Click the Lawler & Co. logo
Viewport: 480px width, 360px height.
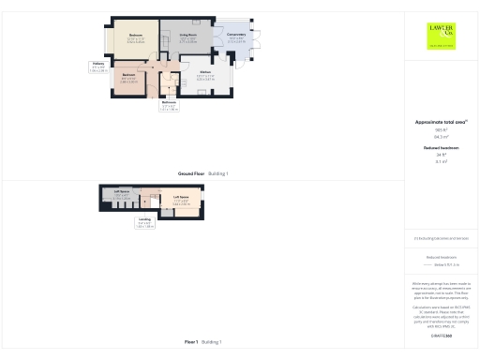pos(441,37)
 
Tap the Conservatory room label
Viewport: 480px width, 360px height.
pos(236,37)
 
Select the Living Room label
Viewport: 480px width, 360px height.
pos(187,37)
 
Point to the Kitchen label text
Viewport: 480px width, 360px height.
pos(205,75)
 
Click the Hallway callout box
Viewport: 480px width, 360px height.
pos(98,67)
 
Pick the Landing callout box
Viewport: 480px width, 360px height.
pos(144,223)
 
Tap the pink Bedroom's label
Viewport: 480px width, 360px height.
pos(129,79)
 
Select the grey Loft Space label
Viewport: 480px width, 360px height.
pos(122,194)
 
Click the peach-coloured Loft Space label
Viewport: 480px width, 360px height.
pos(181,200)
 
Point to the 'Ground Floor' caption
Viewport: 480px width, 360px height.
pos(202,173)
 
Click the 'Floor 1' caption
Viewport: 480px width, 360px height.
pos(202,342)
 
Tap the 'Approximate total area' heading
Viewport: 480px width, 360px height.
pos(441,122)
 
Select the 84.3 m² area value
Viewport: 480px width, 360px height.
pos(441,136)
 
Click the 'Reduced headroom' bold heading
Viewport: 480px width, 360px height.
pos(441,148)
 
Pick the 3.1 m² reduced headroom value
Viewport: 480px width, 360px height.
pos(441,161)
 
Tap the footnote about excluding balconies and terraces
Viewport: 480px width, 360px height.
pos(441,239)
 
